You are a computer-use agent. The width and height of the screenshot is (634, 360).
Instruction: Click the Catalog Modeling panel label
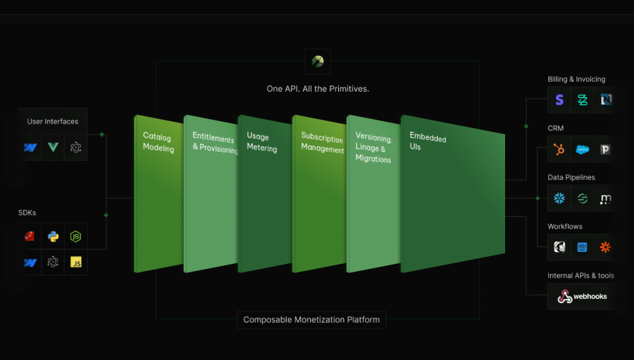click(x=158, y=143)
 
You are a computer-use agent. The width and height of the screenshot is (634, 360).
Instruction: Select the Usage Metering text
click(x=262, y=142)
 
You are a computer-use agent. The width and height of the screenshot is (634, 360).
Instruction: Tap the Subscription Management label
click(x=323, y=143)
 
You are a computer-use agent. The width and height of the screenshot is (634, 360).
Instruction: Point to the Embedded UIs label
click(x=428, y=141)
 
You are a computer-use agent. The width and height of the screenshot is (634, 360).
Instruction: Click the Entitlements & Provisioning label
click(x=215, y=143)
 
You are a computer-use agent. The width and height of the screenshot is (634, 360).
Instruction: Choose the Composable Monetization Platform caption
click(x=311, y=319)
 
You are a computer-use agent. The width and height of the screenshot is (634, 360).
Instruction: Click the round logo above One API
click(x=317, y=62)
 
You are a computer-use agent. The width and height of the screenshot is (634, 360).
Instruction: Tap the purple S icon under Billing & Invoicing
click(x=559, y=99)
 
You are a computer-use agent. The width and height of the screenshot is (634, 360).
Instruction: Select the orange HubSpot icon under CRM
click(x=559, y=149)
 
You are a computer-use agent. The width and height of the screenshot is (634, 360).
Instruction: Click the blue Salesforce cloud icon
click(x=582, y=149)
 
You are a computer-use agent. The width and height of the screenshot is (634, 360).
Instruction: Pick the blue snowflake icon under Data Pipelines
click(x=559, y=198)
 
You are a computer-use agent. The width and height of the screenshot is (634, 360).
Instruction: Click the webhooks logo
click(x=582, y=297)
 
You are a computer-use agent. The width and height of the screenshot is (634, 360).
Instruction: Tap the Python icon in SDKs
click(x=53, y=236)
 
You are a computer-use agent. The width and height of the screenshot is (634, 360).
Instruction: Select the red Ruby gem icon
click(x=29, y=236)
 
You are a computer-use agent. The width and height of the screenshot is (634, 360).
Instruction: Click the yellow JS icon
click(x=76, y=262)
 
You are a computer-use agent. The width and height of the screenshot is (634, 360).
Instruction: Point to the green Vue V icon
click(x=53, y=147)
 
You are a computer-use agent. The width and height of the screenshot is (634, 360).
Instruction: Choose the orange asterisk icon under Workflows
click(x=605, y=247)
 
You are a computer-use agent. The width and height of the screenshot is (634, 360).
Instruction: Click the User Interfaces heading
click(x=52, y=121)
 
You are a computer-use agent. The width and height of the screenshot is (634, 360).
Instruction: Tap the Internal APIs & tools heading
click(x=580, y=276)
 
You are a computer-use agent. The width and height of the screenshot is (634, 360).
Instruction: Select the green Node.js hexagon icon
click(x=76, y=236)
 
